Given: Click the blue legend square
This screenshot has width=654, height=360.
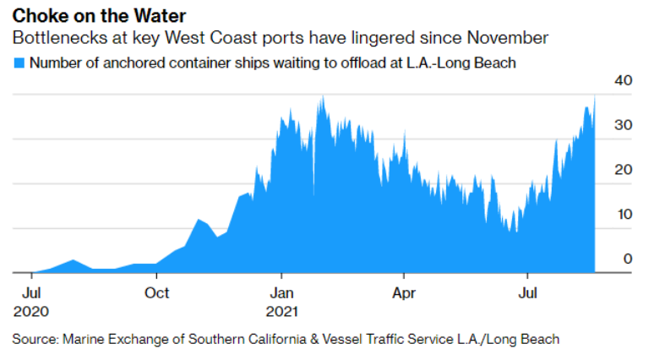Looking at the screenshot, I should [19, 63].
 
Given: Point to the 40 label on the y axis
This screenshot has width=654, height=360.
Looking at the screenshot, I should [624, 80].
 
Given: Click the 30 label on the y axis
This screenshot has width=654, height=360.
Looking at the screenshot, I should [624, 125].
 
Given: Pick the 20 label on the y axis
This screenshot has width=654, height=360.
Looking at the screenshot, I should [624, 170].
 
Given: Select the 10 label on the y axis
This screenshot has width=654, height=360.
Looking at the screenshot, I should [624, 215].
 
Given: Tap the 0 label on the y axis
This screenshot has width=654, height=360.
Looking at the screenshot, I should [627, 259].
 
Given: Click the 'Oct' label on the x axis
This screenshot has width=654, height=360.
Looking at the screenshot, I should [156, 293].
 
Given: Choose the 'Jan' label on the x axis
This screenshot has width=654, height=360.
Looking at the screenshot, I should [281, 293].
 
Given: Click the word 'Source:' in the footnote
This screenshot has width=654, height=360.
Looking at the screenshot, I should [34, 340].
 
